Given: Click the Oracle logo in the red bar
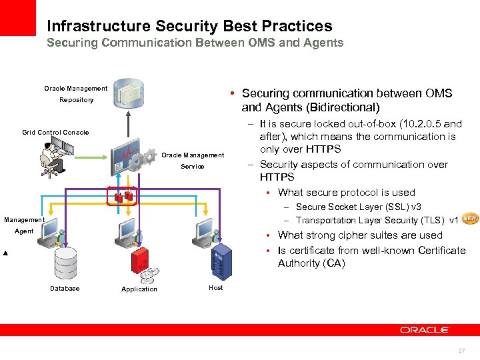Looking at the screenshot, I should click(x=425, y=329).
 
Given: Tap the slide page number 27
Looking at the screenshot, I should click(x=461, y=351).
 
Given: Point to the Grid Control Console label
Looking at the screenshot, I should click(x=55, y=133).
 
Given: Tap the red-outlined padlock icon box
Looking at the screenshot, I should click(x=123, y=196).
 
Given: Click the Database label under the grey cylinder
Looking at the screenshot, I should click(x=65, y=289).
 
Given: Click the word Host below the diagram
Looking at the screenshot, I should click(x=216, y=288).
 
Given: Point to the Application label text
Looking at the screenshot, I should click(x=139, y=289).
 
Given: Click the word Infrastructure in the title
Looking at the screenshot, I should click(x=99, y=26).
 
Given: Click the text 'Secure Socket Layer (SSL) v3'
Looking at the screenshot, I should click(x=358, y=207).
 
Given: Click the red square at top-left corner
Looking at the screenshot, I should click(x=18, y=17).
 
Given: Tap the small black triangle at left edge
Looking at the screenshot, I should click(x=5, y=254).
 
